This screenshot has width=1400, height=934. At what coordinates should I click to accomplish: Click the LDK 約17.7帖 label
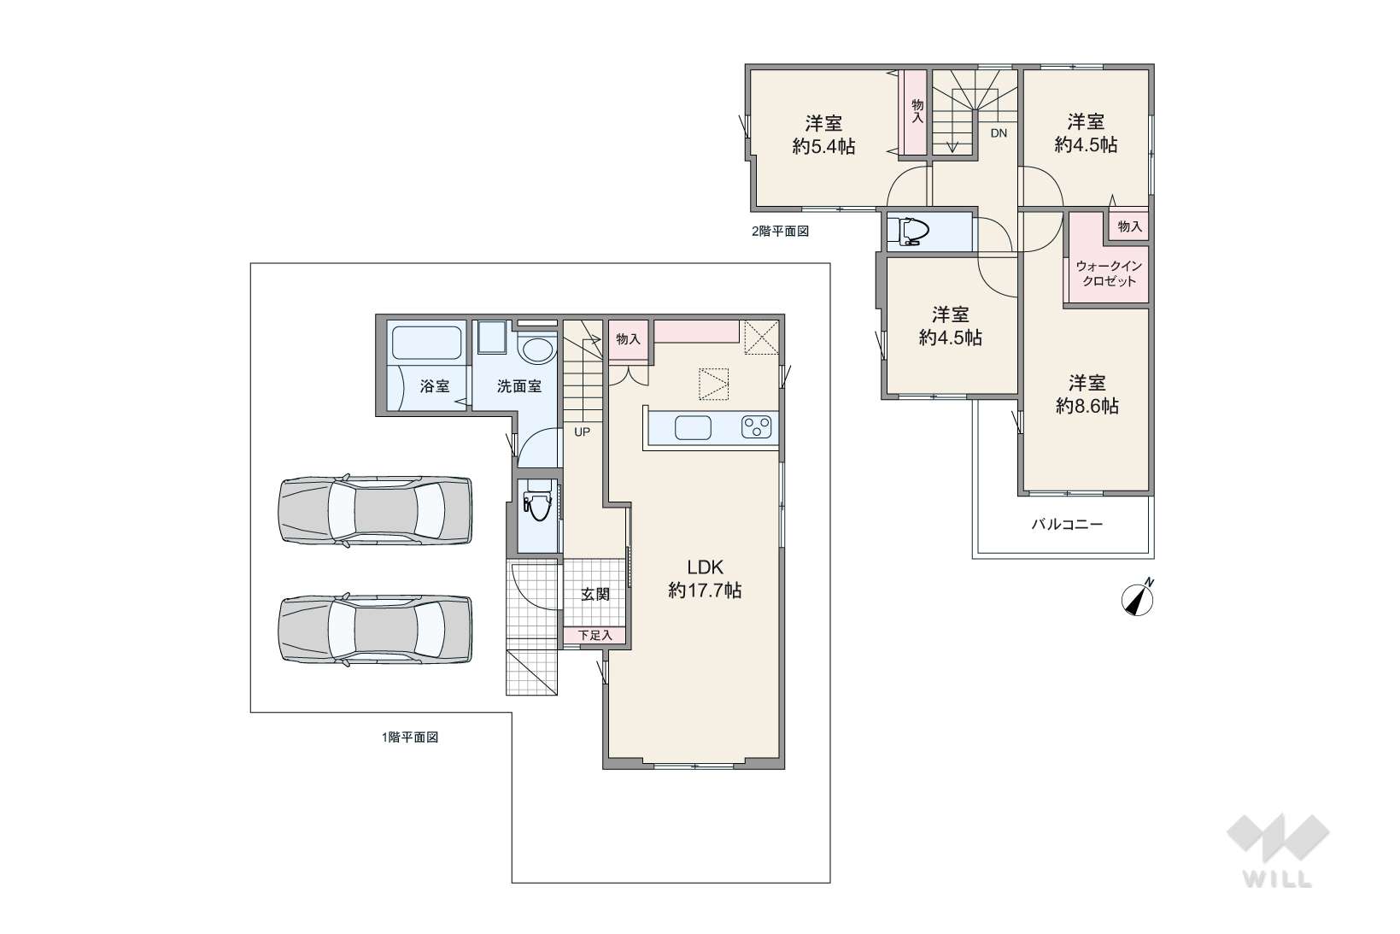(705, 579)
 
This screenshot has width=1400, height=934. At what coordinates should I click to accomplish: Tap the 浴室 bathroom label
(435, 386)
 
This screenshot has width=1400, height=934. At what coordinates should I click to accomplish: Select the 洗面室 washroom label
(519, 386)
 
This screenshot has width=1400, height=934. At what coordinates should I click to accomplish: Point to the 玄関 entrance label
(595, 594)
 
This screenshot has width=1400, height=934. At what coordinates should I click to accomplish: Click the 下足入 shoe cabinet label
(595, 635)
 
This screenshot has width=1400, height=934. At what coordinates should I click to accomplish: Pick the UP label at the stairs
(582, 432)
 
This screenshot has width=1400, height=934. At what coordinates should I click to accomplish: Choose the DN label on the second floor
(999, 133)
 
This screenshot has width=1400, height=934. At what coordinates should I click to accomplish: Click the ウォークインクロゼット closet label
(1109, 273)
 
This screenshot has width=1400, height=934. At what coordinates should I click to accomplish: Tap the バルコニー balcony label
(1067, 524)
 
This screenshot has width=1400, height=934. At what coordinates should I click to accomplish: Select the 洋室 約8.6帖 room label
(1087, 394)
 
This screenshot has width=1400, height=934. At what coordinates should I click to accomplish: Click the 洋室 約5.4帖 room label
(823, 134)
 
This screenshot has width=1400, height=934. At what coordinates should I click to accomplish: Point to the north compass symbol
(1138, 599)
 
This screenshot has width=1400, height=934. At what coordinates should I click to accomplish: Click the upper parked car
(375, 511)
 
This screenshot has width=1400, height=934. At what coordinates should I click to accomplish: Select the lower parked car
(375, 629)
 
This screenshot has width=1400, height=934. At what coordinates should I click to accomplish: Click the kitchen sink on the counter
(693, 428)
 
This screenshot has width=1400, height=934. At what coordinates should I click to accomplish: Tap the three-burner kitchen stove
(756, 427)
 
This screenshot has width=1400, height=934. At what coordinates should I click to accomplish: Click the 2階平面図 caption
(780, 232)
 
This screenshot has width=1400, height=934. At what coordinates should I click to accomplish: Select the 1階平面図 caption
(410, 737)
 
